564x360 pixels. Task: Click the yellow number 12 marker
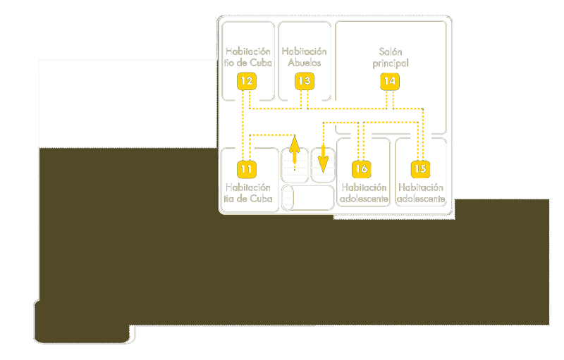(x=245, y=81)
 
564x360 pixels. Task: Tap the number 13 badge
(x=304, y=81)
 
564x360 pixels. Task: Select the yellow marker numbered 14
(x=389, y=81)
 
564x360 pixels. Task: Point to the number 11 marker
(x=245, y=169)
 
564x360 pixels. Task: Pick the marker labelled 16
(x=361, y=169)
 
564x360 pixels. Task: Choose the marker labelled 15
(x=421, y=169)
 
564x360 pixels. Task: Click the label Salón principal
(x=390, y=57)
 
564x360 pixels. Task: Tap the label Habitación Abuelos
(x=305, y=57)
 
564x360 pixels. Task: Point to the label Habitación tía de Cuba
(x=247, y=193)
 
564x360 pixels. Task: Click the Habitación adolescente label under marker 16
(x=363, y=193)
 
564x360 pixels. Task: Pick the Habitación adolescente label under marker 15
(x=422, y=193)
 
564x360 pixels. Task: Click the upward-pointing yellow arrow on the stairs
(x=295, y=149)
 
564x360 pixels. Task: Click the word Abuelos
(x=305, y=63)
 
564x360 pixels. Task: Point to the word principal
(x=390, y=63)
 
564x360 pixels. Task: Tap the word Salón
(x=390, y=51)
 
